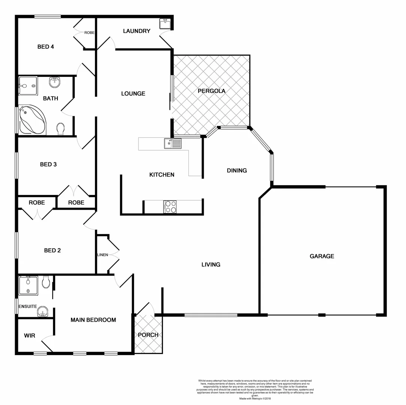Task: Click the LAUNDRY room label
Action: (x=137, y=31)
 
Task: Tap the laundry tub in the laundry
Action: (x=165, y=24)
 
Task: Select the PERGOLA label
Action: (x=212, y=91)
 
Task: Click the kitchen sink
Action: (x=173, y=143)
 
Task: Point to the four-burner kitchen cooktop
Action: (x=170, y=207)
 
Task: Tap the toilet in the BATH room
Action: (x=60, y=129)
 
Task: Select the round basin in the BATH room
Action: (x=54, y=82)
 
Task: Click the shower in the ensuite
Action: (x=28, y=285)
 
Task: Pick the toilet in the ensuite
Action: (x=46, y=282)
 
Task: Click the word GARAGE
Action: (x=322, y=256)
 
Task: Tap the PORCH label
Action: (x=148, y=335)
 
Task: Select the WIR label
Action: (x=30, y=336)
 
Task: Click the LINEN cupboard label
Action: (x=102, y=255)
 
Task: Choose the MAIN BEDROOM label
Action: (x=93, y=320)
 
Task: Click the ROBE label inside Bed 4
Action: (x=89, y=33)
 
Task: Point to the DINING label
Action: (x=237, y=171)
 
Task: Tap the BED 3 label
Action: (x=48, y=164)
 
